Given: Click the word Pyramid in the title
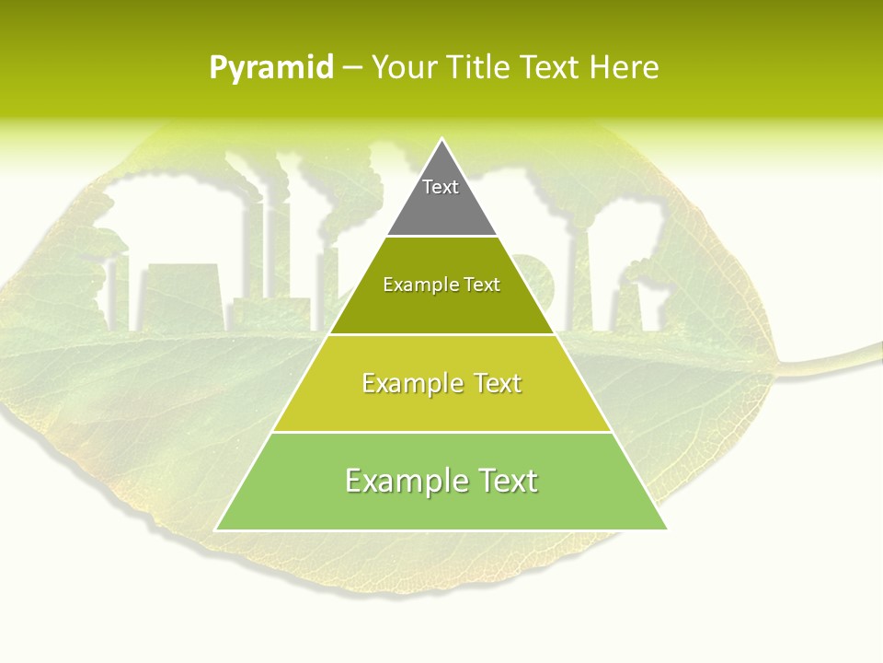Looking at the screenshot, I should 270,68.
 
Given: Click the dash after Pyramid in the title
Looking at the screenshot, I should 351,68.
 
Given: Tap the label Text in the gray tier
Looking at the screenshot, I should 441,187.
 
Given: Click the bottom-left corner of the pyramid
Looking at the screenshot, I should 216,529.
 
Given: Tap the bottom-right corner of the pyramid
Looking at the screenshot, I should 667,529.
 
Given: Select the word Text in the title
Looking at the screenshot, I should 550,68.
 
